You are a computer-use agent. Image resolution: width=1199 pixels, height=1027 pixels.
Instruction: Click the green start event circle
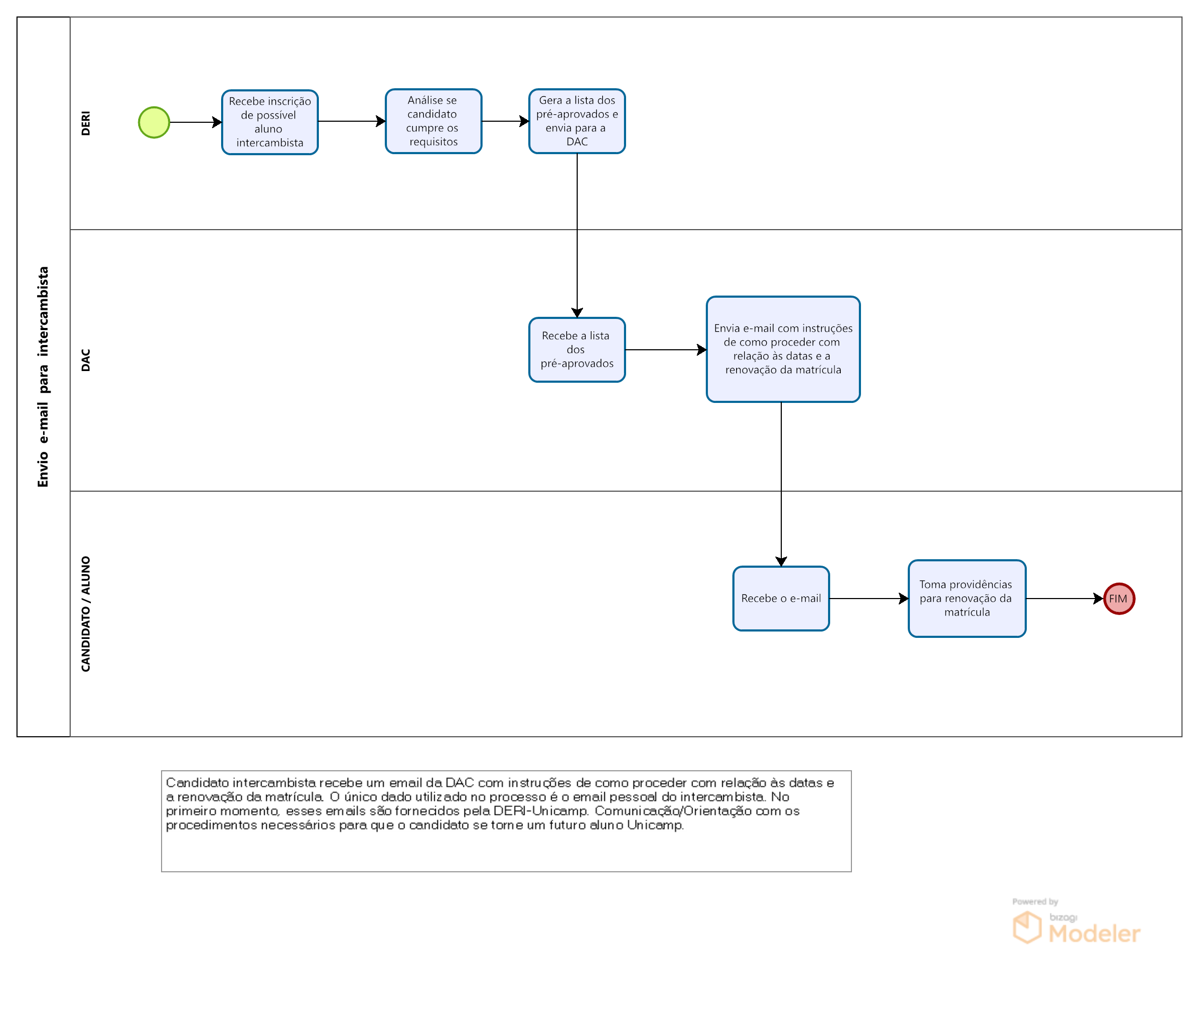(x=154, y=122)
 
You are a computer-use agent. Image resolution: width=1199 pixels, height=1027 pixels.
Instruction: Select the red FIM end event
(x=1119, y=599)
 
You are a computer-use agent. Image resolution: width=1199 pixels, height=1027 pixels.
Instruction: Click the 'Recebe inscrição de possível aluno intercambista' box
(x=269, y=122)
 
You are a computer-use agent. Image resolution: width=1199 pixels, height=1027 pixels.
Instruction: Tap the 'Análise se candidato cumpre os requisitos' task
(x=434, y=121)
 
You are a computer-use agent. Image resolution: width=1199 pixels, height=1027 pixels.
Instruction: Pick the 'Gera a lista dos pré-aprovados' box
(x=577, y=121)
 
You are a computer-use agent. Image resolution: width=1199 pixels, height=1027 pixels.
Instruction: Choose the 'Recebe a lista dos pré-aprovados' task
(x=577, y=350)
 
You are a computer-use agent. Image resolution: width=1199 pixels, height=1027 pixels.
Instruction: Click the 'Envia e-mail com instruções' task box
(x=783, y=349)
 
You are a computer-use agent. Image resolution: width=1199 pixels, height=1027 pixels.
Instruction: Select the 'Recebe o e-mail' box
(x=781, y=599)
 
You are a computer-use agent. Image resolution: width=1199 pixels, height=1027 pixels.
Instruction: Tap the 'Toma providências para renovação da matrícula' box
(x=967, y=599)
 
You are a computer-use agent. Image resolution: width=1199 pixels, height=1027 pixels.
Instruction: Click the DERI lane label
(x=86, y=123)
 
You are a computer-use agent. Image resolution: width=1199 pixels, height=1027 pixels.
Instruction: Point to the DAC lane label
(x=86, y=360)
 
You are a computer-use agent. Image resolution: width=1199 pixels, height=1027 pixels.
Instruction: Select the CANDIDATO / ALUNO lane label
(x=86, y=614)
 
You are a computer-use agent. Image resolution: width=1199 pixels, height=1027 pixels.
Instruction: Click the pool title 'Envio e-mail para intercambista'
(x=44, y=377)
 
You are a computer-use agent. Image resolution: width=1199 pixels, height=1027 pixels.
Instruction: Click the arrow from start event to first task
(x=196, y=122)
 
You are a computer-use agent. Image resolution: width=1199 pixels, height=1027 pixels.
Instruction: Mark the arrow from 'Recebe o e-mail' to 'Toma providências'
(x=869, y=599)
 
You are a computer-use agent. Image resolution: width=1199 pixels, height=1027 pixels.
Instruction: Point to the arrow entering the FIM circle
(x=1065, y=599)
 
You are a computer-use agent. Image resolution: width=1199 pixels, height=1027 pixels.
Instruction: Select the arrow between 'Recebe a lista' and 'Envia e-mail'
(x=666, y=350)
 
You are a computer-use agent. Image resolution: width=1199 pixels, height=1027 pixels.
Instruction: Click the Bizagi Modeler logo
(x=1076, y=928)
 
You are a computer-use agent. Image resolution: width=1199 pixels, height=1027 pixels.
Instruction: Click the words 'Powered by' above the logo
(x=1035, y=902)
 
